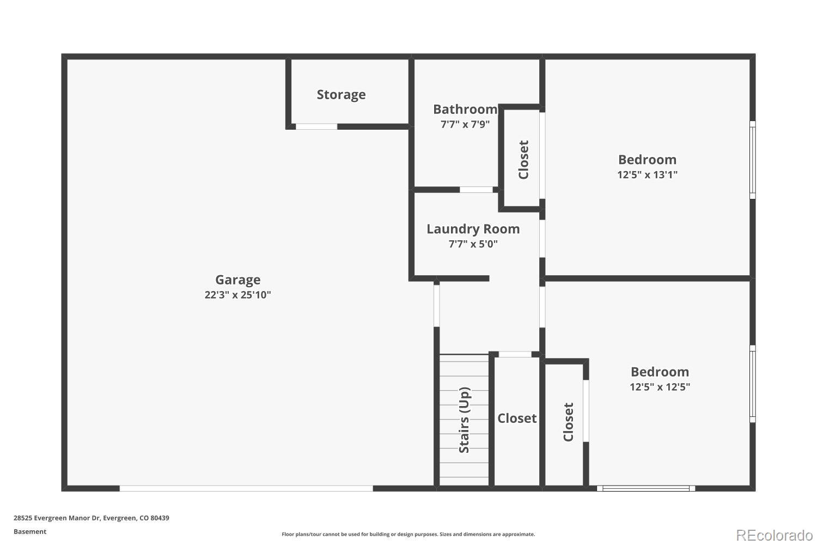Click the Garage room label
(237, 280)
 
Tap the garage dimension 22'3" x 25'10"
(237, 295)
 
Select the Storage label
(341, 94)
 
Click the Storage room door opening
(316, 126)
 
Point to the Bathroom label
(465, 109)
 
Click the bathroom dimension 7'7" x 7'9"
(465, 124)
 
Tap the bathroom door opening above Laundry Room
(476, 190)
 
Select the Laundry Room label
(473, 229)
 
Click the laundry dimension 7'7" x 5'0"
(473, 244)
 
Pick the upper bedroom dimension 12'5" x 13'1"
(647, 175)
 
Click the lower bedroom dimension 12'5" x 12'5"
(660, 387)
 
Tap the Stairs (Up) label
(464, 420)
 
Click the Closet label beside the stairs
(517, 418)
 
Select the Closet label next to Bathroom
(523, 160)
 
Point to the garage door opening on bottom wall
(246, 488)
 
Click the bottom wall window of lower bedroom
(646, 488)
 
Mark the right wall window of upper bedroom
(752, 160)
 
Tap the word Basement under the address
(30, 531)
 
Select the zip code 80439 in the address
(160, 518)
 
